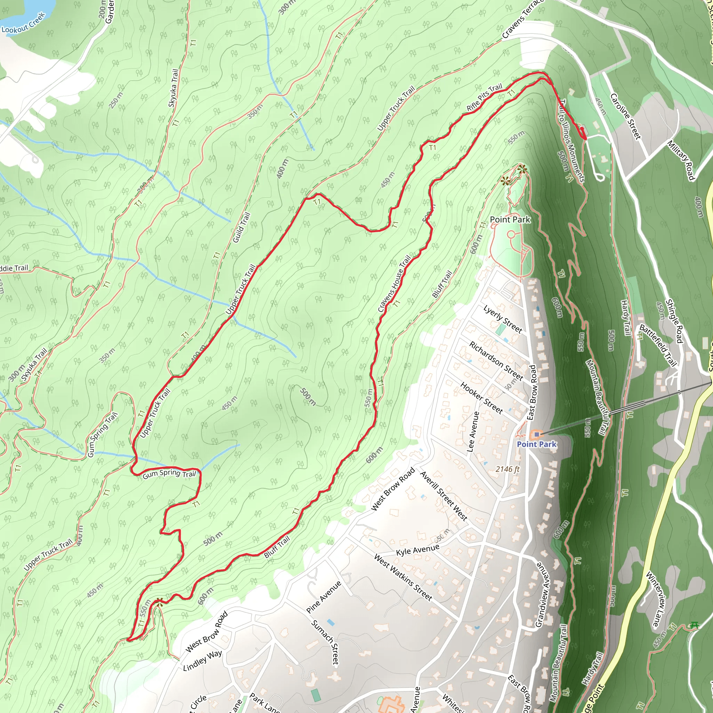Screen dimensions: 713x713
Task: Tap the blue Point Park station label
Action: (x=536, y=444)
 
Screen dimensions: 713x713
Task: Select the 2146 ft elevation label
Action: (x=508, y=469)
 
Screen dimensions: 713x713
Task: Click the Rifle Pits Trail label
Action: (x=484, y=97)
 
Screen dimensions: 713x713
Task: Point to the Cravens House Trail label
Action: (x=394, y=283)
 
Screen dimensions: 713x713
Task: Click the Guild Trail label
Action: (x=241, y=227)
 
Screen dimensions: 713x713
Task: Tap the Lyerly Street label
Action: (x=503, y=319)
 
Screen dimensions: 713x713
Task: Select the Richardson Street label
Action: (x=496, y=361)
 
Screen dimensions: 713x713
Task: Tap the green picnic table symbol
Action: (x=694, y=625)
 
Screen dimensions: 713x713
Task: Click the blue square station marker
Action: (x=536, y=435)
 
